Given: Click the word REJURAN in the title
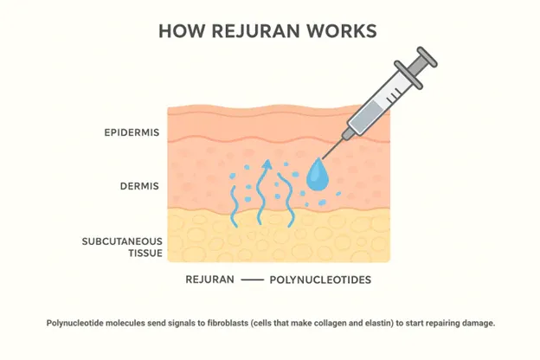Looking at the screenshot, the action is click(x=255, y=31).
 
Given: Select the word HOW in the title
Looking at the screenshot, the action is click(x=182, y=31).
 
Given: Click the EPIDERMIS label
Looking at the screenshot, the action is click(x=132, y=132).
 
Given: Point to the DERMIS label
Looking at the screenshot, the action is click(x=139, y=186).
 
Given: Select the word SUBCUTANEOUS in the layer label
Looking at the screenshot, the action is click(x=122, y=241).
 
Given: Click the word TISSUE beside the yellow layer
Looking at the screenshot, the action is click(x=145, y=254).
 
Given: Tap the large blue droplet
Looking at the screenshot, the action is click(x=318, y=175).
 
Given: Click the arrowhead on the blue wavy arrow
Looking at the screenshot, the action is click(x=267, y=164).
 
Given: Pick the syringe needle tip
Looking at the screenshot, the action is click(x=322, y=158).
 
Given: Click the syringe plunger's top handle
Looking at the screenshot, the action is click(x=427, y=57).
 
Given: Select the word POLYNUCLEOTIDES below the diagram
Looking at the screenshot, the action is click(x=320, y=280).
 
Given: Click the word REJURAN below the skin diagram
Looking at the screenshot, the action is click(x=209, y=280).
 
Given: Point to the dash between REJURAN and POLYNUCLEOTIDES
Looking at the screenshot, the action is click(x=252, y=280).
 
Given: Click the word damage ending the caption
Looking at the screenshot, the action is click(x=479, y=324).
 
